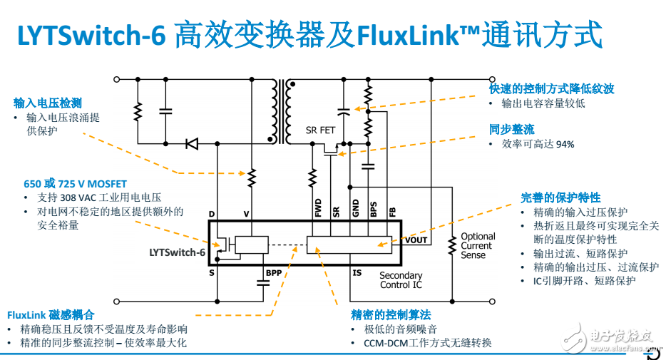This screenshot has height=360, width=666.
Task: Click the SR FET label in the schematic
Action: pos(320,130)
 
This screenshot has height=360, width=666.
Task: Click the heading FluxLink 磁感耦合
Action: pos(51,314)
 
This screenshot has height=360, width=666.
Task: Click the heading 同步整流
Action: pos(511,129)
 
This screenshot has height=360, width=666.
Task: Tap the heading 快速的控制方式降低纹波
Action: pos(551,89)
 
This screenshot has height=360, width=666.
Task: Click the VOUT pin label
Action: pos(416,240)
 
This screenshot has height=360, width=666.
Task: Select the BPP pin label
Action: pos(273,272)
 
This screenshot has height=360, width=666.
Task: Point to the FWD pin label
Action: pos(318,207)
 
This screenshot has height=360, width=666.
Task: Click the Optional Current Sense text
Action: pos(477,246)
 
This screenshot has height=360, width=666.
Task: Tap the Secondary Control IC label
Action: pos(401,280)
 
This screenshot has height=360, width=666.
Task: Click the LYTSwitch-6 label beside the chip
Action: pos(177,252)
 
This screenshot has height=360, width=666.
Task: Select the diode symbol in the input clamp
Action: pos(191,144)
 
